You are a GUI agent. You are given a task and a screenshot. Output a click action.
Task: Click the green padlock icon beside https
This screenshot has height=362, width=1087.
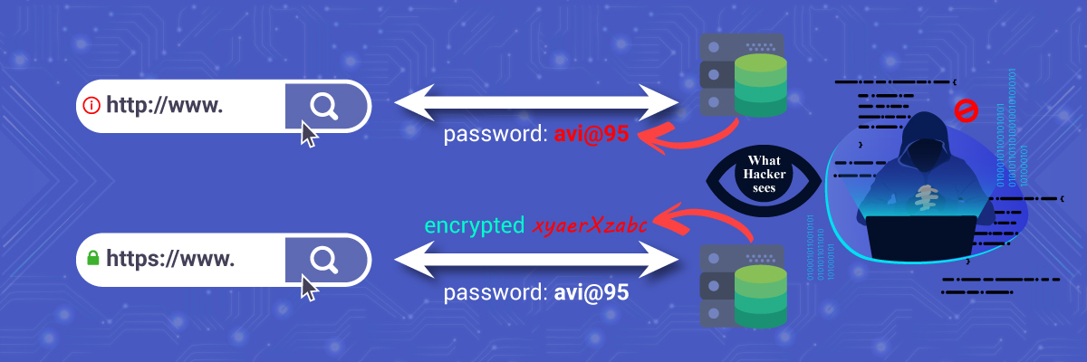pos(91,259)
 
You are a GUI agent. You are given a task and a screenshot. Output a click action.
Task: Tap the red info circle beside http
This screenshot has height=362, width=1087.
pos(91,105)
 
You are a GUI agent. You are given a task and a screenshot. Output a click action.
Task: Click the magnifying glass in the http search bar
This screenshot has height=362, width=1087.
pos(322,105)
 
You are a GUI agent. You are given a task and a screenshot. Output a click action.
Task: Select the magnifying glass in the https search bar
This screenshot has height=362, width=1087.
pos(322,259)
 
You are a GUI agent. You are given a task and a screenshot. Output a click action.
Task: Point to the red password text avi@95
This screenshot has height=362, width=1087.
pos(592,136)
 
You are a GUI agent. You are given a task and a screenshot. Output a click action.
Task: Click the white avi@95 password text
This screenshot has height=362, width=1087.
pos(592,294)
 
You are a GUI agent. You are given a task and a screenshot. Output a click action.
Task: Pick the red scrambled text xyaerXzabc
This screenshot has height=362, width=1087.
pos(590,226)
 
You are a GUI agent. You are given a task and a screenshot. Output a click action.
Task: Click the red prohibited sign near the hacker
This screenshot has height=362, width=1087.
pos(966,110)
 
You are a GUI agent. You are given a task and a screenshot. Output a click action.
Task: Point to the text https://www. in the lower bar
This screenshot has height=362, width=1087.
pos(171,259)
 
